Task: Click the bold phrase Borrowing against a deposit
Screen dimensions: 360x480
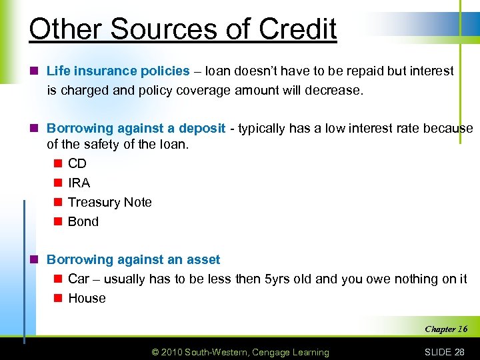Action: [136, 128]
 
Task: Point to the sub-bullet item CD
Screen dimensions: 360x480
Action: [77, 163]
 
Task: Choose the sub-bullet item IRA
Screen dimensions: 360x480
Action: [79, 183]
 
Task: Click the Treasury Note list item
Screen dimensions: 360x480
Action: [109, 202]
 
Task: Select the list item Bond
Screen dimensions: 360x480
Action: [83, 221]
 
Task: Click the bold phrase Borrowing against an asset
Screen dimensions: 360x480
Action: [133, 259]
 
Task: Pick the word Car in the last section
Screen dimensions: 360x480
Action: [78, 279]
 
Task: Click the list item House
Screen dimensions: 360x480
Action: [87, 298]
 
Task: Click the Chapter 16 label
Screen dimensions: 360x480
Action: [445, 329]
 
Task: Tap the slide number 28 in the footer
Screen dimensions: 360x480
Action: [458, 352]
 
